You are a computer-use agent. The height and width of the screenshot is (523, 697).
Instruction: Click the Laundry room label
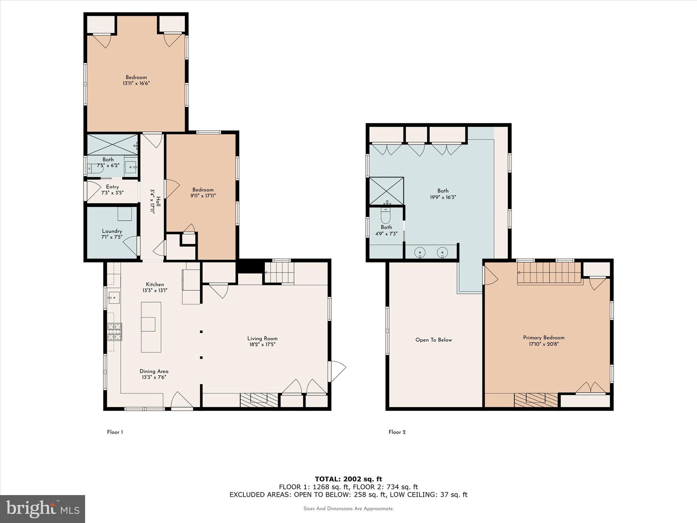[112, 231]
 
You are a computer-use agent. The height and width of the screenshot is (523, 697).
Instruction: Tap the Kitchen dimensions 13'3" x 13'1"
[155, 290]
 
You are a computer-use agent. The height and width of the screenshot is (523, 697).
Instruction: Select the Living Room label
[262, 338]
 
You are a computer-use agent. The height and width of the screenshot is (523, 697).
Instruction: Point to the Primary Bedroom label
[544, 338]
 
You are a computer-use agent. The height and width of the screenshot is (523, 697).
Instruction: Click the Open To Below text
[434, 340]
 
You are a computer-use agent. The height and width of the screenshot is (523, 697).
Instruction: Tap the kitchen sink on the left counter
[114, 298]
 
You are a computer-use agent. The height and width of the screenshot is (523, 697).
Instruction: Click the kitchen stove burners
[115, 332]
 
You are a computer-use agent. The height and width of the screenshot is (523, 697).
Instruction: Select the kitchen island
[151, 327]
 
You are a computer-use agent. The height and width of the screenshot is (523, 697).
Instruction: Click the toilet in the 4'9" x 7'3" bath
[386, 216]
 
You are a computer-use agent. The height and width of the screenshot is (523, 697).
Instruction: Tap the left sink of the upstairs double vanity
[420, 253]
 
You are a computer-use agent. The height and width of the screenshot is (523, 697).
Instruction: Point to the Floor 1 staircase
[279, 272]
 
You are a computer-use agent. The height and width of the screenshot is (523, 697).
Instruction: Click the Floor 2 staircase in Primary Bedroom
[549, 273]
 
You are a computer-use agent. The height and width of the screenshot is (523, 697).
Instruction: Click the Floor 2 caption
[397, 432]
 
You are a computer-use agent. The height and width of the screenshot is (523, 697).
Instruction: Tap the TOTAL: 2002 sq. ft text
[348, 479]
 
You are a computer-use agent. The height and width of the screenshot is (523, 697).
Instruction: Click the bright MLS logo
[43, 509]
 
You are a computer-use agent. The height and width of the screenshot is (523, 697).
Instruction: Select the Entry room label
[112, 187]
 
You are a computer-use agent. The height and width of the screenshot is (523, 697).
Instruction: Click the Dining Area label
[154, 371]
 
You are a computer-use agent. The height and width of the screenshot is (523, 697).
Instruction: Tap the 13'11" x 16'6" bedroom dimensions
[136, 83]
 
